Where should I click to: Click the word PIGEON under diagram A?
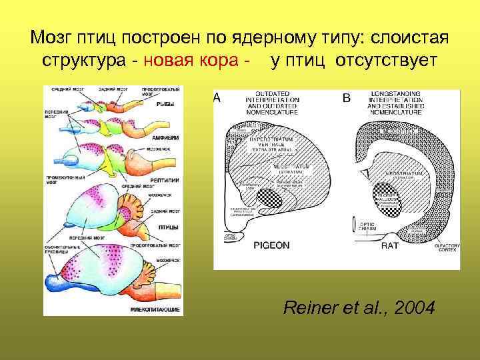pyautogui.click(x=271, y=245)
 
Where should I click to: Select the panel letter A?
pyautogui.click(x=217, y=98)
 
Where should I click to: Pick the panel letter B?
pyautogui.click(x=346, y=98)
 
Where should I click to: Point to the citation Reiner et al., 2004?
pyautogui.click(x=359, y=308)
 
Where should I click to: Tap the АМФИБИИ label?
pyautogui.click(x=163, y=137)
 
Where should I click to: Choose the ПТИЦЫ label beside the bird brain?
pyautogui.click(x=165, y=226)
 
